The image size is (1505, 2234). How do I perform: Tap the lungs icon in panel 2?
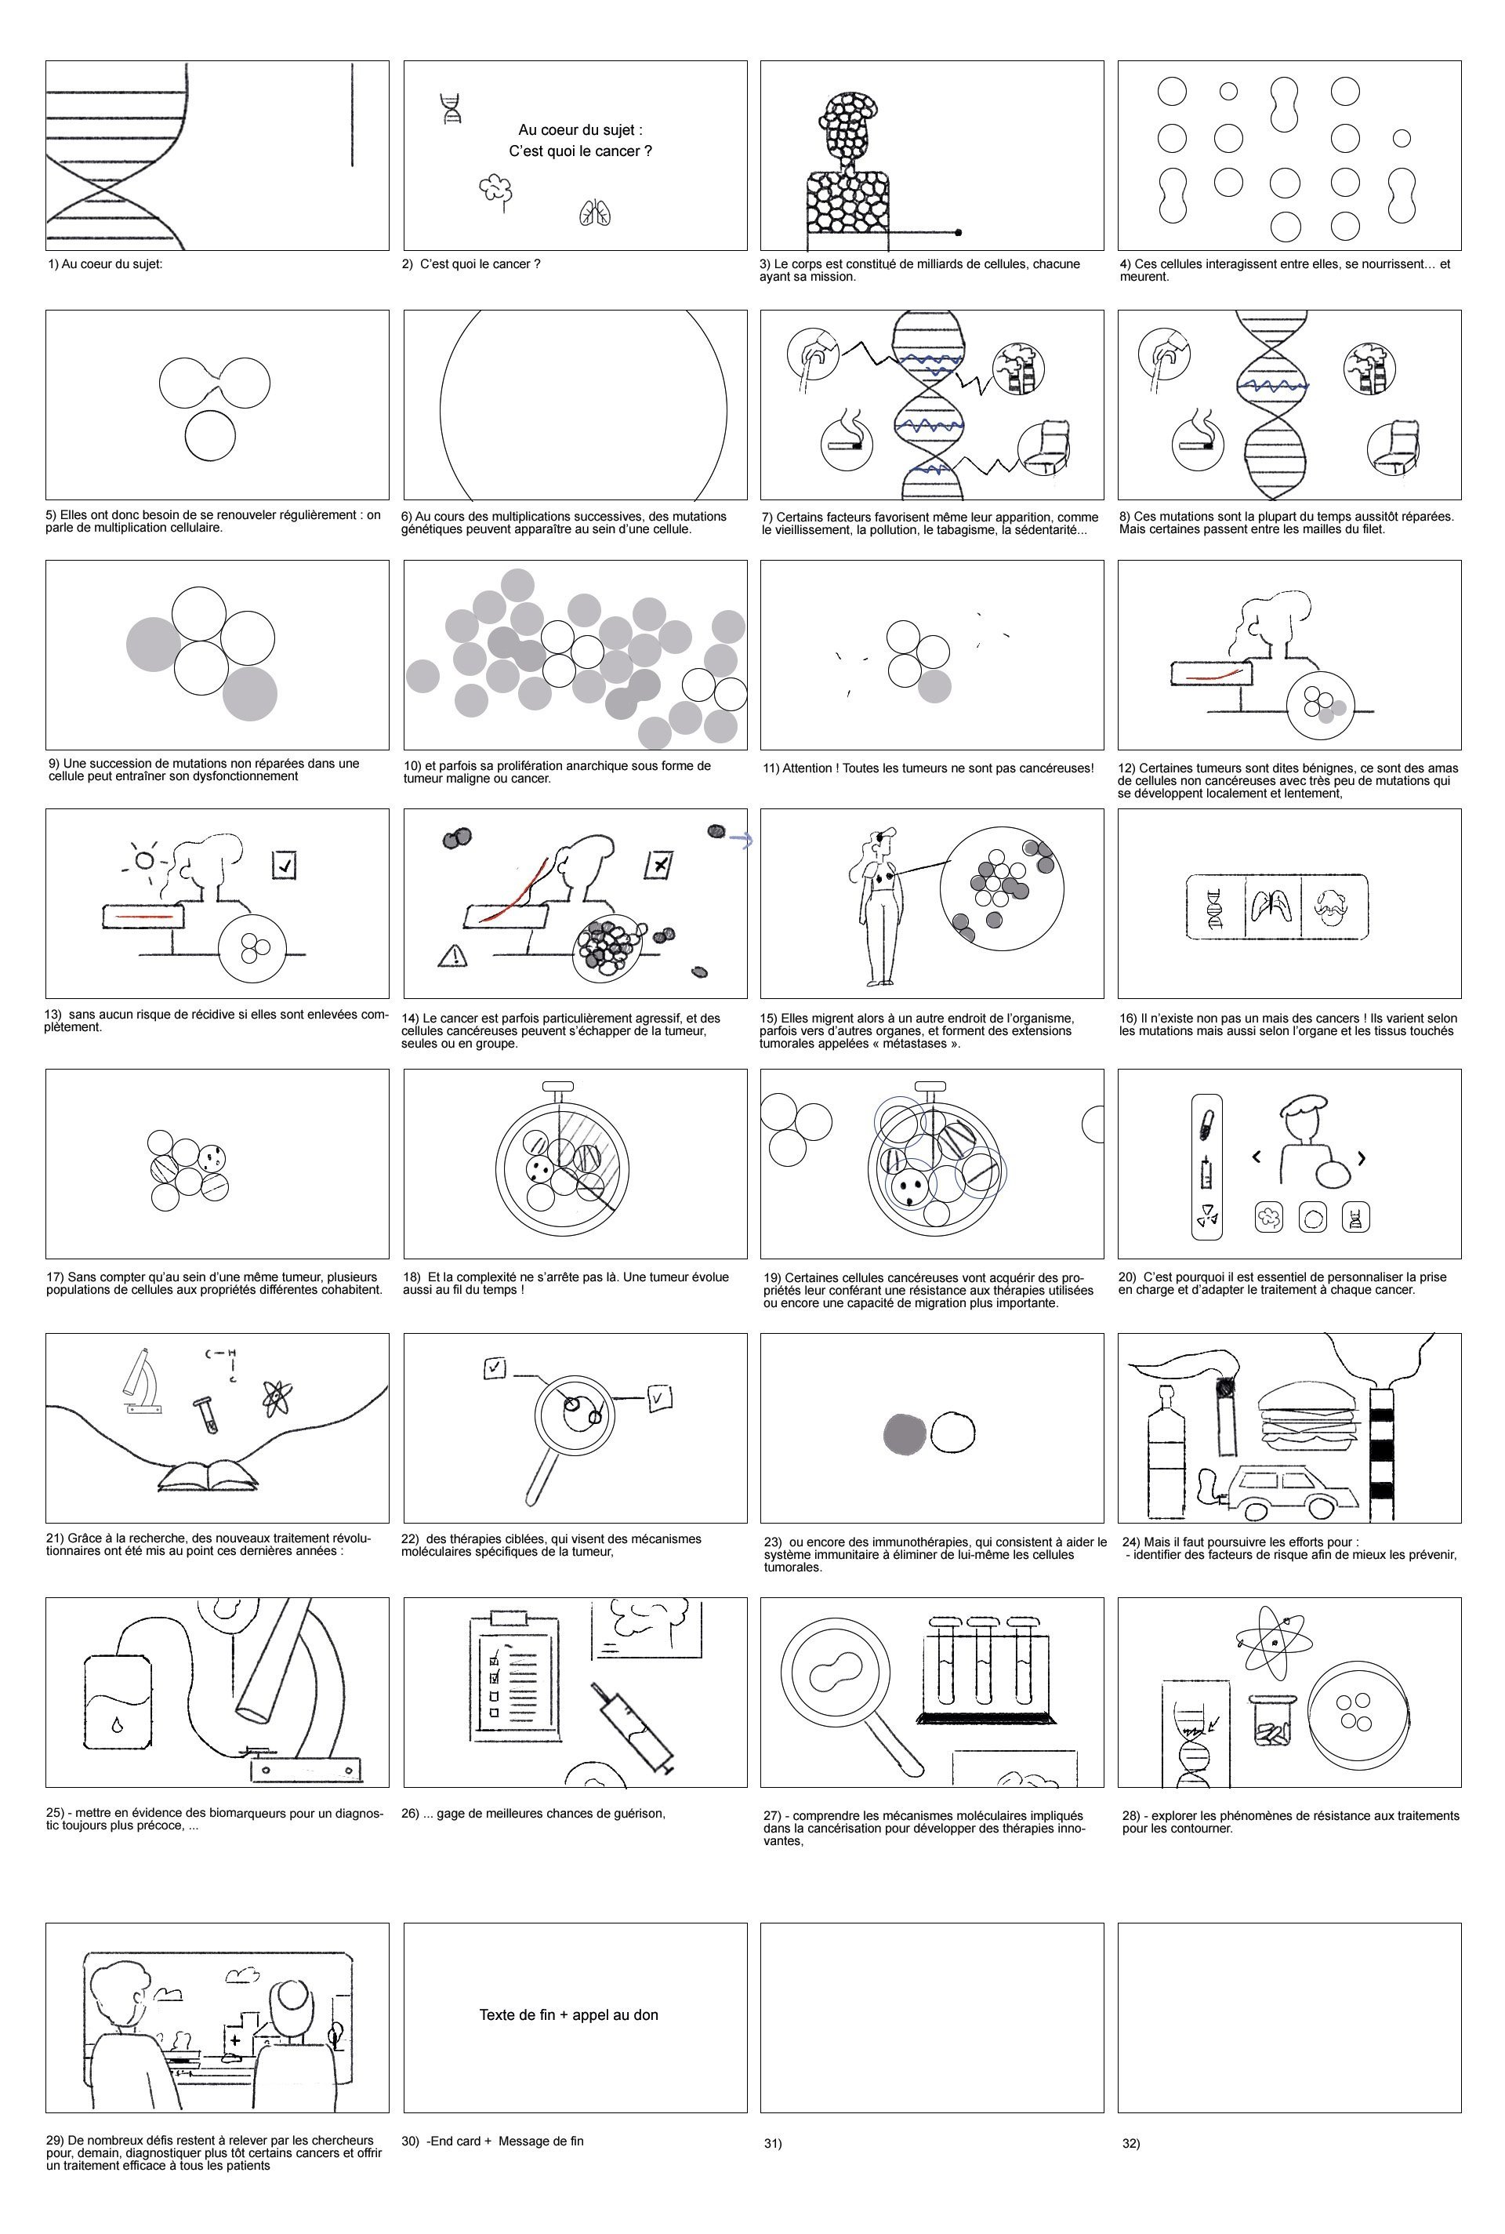coord(595,213)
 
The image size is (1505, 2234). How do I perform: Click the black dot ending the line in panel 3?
coord(958,232)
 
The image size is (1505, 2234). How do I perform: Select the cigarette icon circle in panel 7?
coord(847,442)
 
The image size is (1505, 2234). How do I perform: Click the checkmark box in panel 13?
coord(284,865)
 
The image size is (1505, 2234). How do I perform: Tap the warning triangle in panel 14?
coord(453,955)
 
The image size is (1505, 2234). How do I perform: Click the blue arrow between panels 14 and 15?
coord(741,840)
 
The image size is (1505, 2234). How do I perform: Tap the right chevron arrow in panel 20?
coord(1361,1158)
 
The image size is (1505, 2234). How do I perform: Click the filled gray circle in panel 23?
coord(904,1434)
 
